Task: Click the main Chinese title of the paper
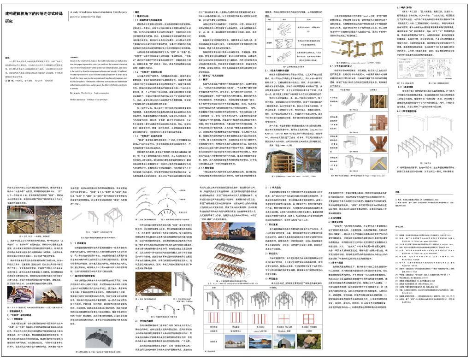pyautogui.click(x=32, y=17)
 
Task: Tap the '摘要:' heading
pyautogui.click(x=8, y=57)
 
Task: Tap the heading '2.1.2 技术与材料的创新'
pyautogui.click(x=279, y=70)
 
